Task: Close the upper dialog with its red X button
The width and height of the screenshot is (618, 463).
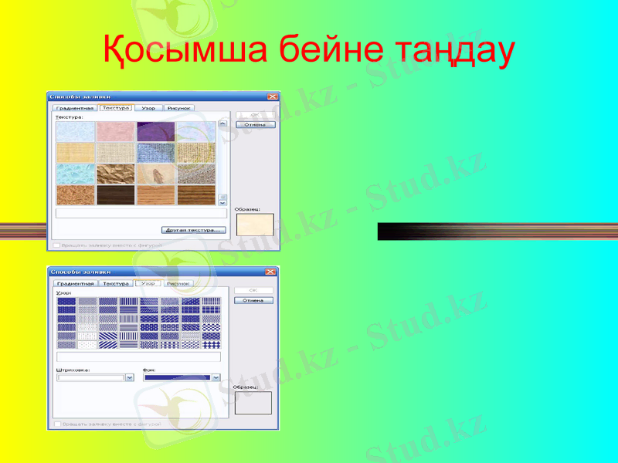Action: [x=272, y=96]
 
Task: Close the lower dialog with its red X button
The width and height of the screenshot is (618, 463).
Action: [x=270, y=272]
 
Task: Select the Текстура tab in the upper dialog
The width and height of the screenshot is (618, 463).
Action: [x=116, y=109]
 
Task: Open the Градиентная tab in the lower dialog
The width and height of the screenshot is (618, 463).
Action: [x=74, y=283]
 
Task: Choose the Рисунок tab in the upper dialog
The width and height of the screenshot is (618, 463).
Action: [x=179, y=109]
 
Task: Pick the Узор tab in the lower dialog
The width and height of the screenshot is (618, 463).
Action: [x=148, y=283]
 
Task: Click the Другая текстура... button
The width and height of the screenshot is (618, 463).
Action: [x=193, y=230]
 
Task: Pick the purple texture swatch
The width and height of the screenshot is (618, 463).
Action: [x=156, y=131]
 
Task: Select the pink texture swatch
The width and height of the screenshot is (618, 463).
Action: [x=116, y=131]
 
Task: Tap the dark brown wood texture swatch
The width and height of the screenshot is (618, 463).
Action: [x=116, y=194]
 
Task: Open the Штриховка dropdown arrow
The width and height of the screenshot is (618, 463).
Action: [x=129, y=377]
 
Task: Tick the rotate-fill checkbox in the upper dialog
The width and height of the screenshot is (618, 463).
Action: [x=56, y=245]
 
